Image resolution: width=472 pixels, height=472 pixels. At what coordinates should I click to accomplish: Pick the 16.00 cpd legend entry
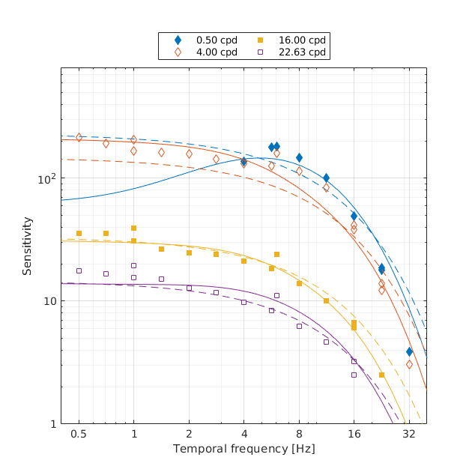pyautogui.click(x=291, y=40)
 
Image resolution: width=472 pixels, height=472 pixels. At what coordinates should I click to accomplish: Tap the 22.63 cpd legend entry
pyautogui.click(x=291, y=52)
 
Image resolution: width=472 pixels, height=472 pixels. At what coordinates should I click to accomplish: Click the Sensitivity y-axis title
pyautogui.click(x=27, y=246)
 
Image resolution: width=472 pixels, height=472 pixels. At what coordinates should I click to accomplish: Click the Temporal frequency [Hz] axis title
pyautogui.click(x=243, y=449)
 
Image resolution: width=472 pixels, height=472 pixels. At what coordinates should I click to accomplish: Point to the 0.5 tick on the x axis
pyautogui.click(x=79, y=434)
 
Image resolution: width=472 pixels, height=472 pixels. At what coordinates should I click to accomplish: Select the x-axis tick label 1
pyautogui.click(x=133, y=434)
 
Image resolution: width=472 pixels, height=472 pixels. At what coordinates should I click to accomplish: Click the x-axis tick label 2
pyautogui.click(x=189, y=434)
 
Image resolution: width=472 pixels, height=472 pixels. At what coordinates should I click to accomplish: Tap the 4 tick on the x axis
pyautogui.click(x=243, y=434)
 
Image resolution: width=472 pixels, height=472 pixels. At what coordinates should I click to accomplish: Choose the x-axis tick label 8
pyautogui.click(x=299, y=434)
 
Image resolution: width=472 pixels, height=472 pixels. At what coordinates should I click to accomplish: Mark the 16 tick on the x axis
pyautogui.click(x=354, y=434)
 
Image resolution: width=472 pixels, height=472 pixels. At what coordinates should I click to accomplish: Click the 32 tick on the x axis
pyautogui.click(x=409, y=434)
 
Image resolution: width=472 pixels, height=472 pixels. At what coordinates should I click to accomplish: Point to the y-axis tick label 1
pyautogui.click(x=52, y=424)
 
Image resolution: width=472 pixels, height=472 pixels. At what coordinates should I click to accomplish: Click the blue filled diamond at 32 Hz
pyautogui.click(x=409, y=351)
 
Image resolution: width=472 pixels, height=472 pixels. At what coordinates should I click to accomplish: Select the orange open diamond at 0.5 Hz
pyautogui.click(x=79, y=138)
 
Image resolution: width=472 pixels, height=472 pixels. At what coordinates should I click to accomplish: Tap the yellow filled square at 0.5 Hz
pyautogui.click(x=79, y=234)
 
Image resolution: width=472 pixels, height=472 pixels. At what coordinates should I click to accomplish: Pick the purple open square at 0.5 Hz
pyautogui.click(x=79, y=270)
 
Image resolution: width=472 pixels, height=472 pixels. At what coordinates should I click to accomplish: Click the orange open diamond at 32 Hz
pyautogui.click(x=409, y=365)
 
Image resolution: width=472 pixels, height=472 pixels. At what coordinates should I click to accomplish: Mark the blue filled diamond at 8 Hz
pyautogui.click(x=299, y=158)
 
